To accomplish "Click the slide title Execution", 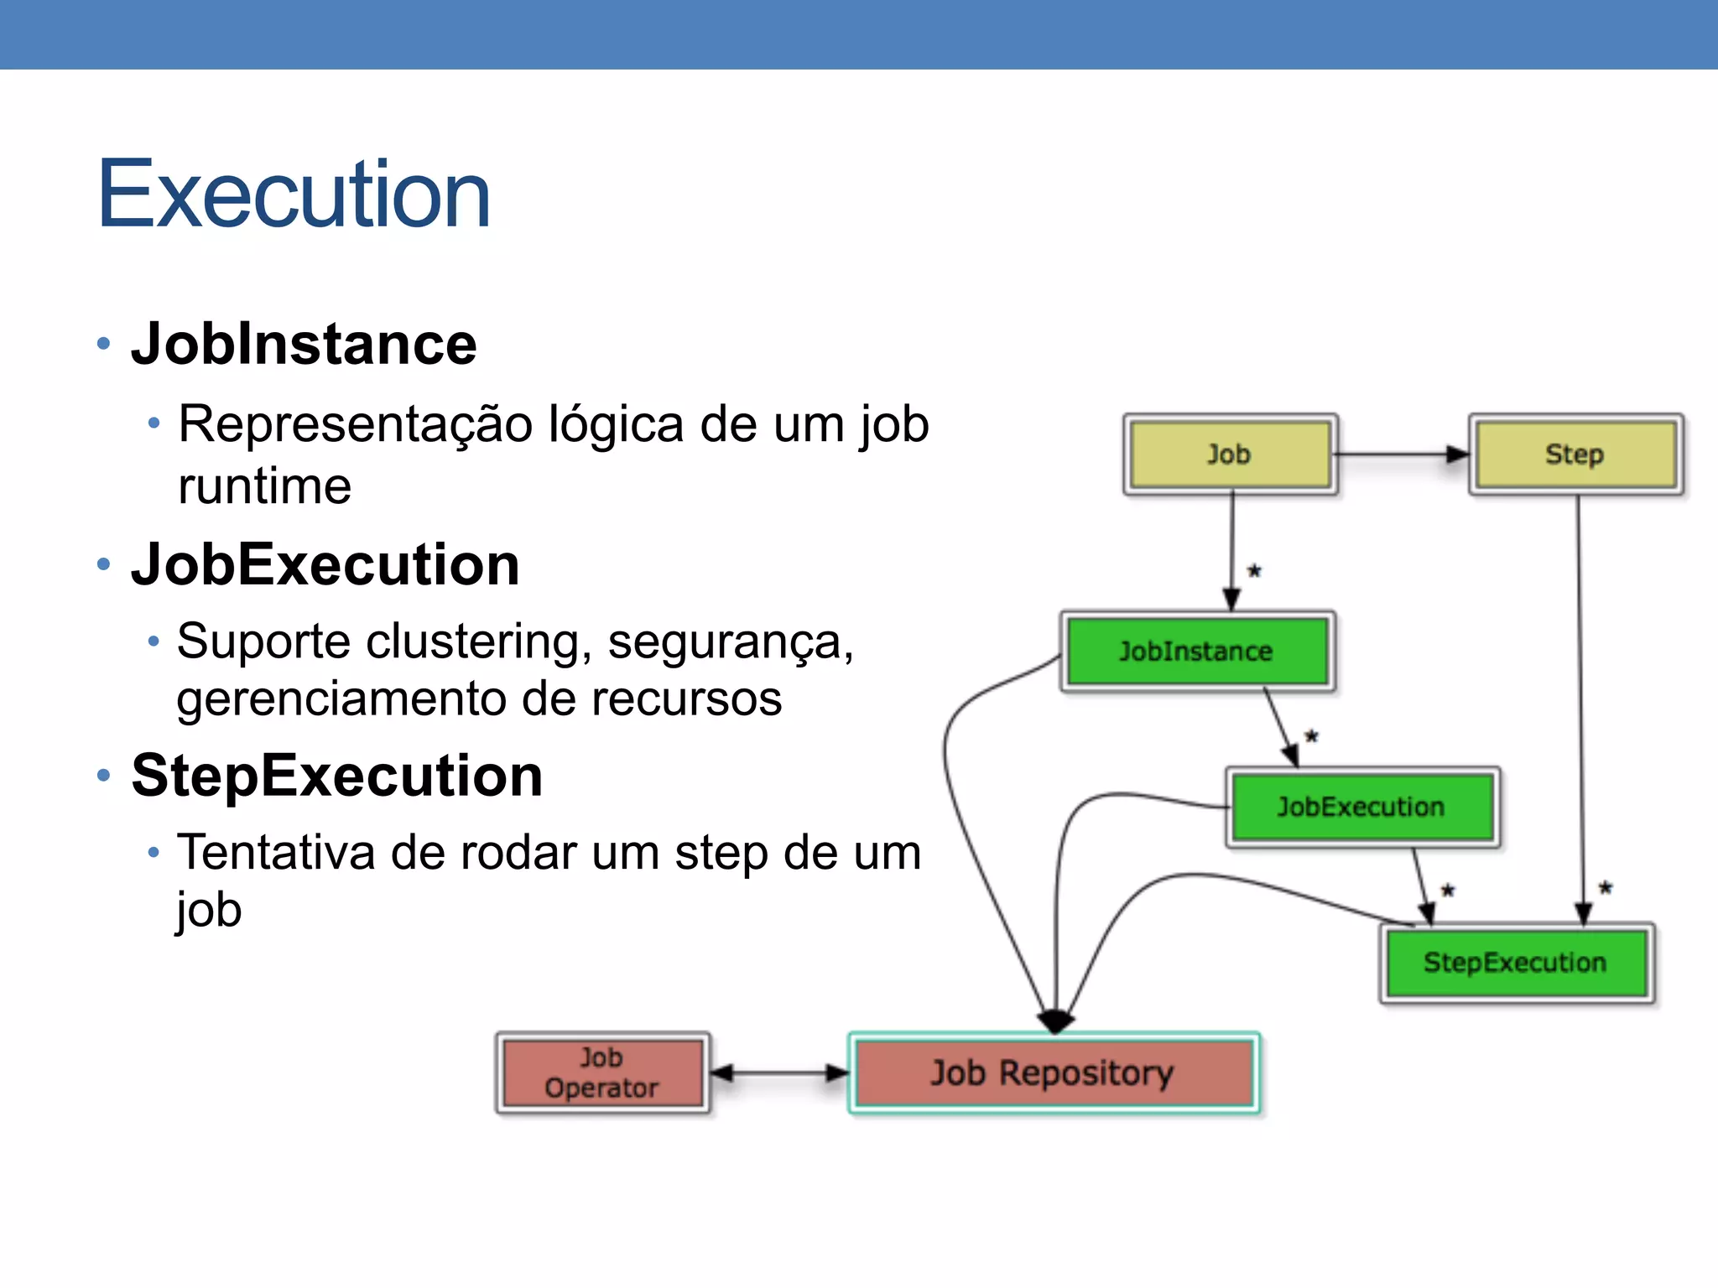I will click(294, 195).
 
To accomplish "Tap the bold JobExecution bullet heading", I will click(325, 564).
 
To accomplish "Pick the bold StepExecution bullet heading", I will click(336, 776).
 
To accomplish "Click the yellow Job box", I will click(1230, 454).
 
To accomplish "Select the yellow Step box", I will click(1575, 454).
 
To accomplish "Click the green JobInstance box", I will click(1196, 652).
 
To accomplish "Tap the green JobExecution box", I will click(1361, 808).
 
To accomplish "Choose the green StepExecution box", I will click(1515, 963).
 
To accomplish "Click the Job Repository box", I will click(1053, 1073).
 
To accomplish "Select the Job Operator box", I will click(601, 1073).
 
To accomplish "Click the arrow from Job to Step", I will click(1401, 454).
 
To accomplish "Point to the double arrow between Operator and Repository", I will click(780, 1072).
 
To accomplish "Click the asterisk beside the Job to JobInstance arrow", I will click(1255, 572).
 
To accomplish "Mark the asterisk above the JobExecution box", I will click(1312, 737).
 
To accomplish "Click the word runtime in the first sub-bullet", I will click(264, 486).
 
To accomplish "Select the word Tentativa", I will click(276, 853).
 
